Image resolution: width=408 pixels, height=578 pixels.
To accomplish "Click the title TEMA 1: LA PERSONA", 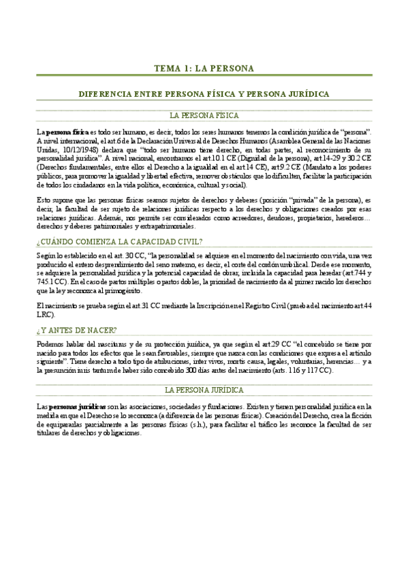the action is coord(204,68).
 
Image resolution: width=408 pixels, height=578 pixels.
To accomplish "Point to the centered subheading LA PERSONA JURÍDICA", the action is coord(204,390).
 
